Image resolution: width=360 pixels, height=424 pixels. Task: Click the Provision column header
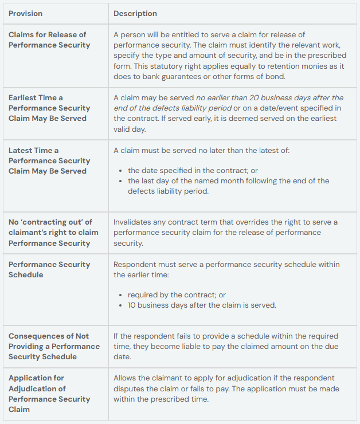(x=25, y=13)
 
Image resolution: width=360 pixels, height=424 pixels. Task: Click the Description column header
(x=135, y=13)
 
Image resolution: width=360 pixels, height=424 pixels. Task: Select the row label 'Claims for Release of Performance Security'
(x=49, y=40)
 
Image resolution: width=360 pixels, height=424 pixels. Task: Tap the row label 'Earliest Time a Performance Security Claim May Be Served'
(x=49, y=108)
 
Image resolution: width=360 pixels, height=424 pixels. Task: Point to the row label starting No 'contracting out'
(x=53, y=232)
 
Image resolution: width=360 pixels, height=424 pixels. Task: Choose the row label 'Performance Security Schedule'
(x=49, y=269)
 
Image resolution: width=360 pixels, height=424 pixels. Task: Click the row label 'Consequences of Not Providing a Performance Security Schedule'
(x=54, y=346)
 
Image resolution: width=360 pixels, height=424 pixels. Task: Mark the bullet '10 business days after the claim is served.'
(x=202, y=305)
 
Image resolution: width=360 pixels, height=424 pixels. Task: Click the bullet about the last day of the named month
(x=228, y=186)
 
